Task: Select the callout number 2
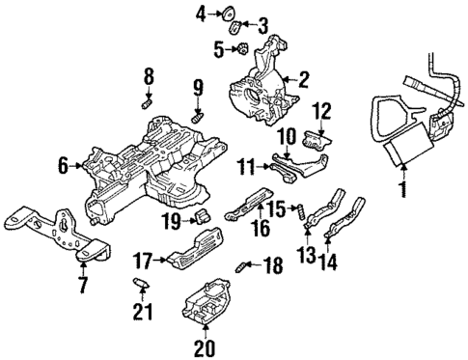[302, 81]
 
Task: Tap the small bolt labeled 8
[148, 99]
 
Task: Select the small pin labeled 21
[141, 283]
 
